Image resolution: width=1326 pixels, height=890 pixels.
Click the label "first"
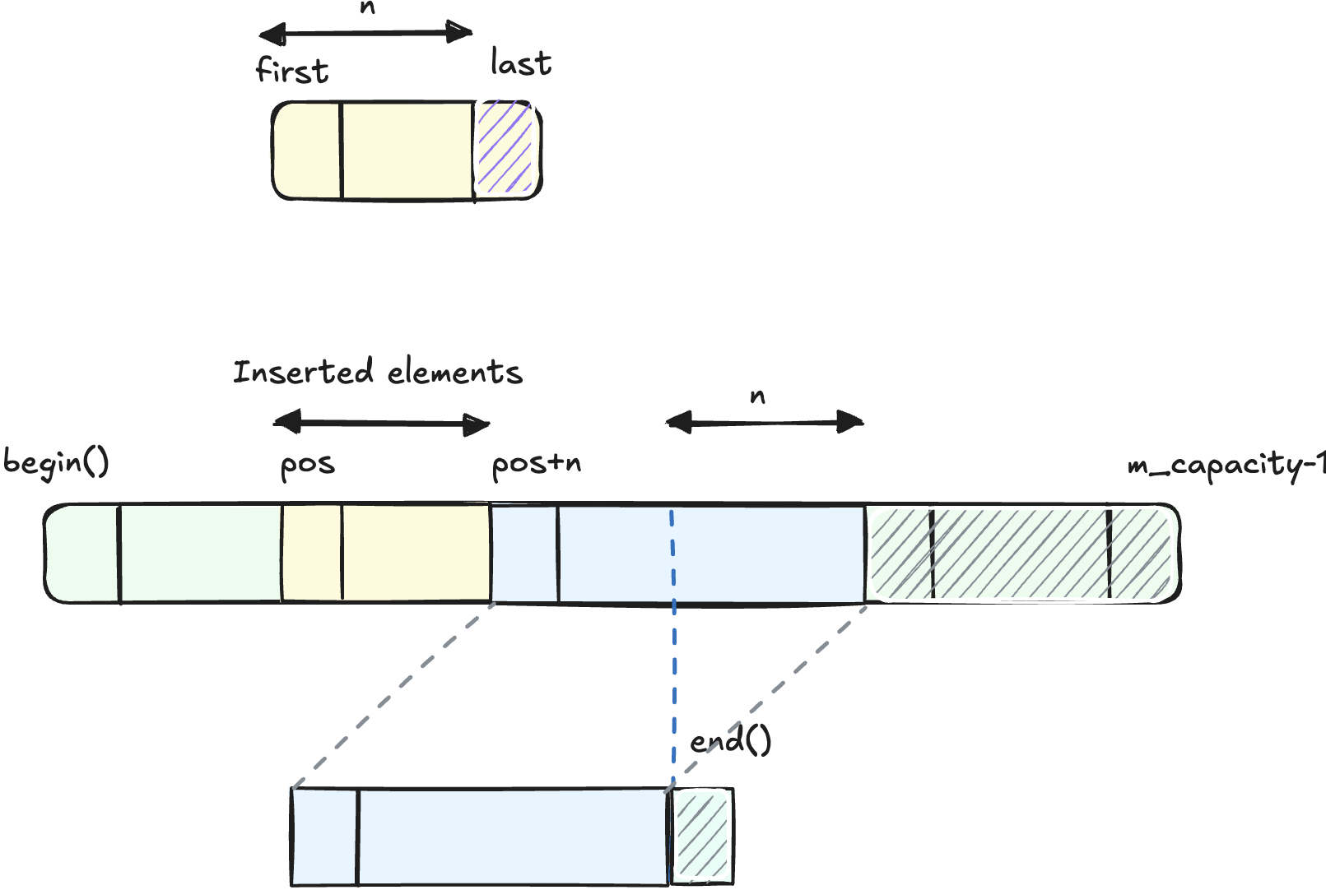[292, 70]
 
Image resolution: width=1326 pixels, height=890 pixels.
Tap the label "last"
[520, 63]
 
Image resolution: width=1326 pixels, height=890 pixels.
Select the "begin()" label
[56, 463]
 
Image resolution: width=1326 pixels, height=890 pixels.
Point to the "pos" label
[308, 465]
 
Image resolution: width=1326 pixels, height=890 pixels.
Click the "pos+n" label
[536, 465]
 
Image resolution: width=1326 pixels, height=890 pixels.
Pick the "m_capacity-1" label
[1225, 466]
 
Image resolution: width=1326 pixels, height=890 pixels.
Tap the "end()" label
[730, 741]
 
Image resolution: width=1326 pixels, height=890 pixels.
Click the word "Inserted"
[303, 372]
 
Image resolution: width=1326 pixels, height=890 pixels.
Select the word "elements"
[454, 373]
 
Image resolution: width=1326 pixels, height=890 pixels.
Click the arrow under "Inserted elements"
[381, 424]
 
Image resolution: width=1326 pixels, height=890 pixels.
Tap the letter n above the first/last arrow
[367, 8]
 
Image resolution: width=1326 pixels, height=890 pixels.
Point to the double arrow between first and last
[365, 34]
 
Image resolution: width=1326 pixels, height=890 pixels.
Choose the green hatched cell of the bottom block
[701, 836]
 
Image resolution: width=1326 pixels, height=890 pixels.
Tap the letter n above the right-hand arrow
[757, 397]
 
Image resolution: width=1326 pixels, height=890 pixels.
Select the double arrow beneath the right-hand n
[765, 423]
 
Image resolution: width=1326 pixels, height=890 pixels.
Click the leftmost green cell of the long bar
[82, 554]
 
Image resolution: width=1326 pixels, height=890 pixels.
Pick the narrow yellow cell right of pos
[312, 554]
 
